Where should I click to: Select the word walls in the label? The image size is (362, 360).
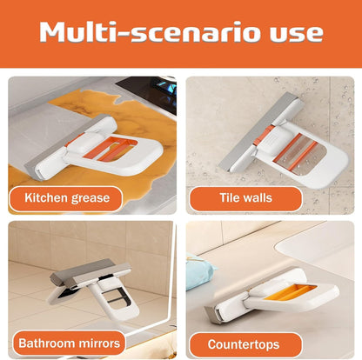[x=258, y=197]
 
